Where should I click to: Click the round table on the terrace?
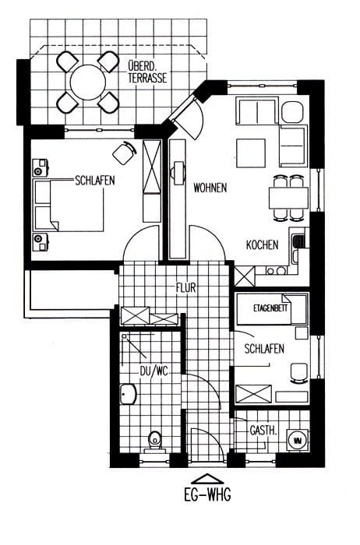[87, 83]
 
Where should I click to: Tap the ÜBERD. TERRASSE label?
[147, 72]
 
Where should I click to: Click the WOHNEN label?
[210, 188]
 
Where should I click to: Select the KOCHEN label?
[263, 244]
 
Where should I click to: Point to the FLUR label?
[186, 288]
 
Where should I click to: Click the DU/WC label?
[154, 371]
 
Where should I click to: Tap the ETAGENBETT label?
[270, 308]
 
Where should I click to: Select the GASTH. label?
[263, 431]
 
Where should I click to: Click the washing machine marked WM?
[298, 441]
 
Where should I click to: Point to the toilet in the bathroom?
[154, 441]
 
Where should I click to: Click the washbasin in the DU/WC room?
[128, 394]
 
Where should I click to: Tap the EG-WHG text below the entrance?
[207, 494]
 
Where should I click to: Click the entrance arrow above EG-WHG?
[207, 479]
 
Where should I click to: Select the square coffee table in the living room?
[251, 153]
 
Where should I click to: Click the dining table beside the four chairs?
[288, 198]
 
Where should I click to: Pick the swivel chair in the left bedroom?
[124, 153]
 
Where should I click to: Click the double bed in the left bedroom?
[69, 205]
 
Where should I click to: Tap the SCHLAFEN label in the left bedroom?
[95, 181]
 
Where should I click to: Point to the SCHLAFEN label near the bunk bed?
[264, 349]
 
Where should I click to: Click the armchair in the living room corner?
[291, 112]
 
